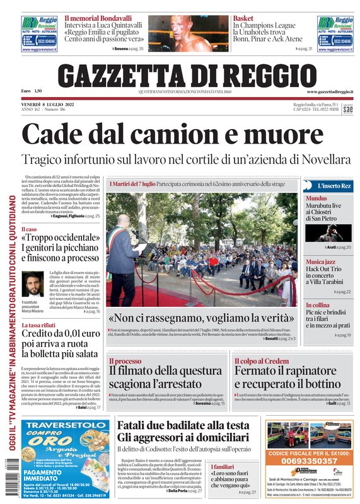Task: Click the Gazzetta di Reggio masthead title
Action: coord(187,75)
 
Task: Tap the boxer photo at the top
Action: coord(188,33)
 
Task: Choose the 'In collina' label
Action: coord(318,304)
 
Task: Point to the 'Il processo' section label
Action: coord(125,361)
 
